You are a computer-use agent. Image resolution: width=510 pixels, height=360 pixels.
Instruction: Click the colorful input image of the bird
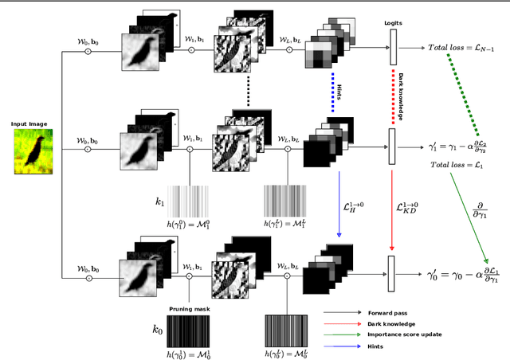click(x=32, y=151)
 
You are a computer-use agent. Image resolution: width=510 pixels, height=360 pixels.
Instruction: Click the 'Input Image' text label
click(x=31, y=124)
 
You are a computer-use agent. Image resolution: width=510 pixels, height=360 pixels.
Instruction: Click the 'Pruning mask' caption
click(x=190, y=308)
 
